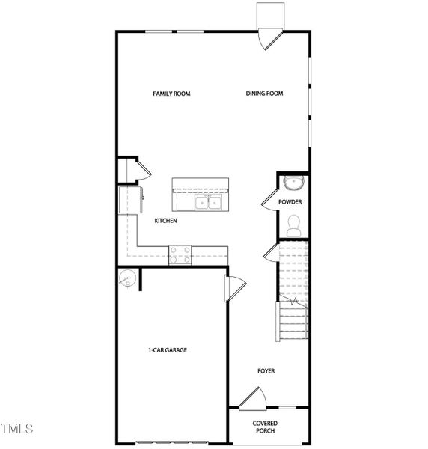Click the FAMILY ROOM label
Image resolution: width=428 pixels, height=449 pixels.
click(x=171, y=94)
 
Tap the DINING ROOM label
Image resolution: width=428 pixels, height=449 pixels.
click(x=265, y=94)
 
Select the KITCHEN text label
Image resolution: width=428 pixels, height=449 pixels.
click(x=165, y=222)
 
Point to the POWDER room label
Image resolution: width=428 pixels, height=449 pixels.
click(x=290, y=202)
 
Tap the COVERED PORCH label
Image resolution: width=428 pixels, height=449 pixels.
click(x=266, y=426)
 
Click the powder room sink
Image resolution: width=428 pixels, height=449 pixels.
click(x=292, y=183)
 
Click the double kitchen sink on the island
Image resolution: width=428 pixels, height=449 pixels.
click(x=208, y=202)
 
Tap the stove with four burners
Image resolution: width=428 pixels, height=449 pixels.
click(x=180, y=255)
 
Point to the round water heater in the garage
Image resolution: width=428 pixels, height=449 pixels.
click(x=127, y=277)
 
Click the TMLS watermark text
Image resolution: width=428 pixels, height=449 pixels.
click(x=17, y=429)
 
